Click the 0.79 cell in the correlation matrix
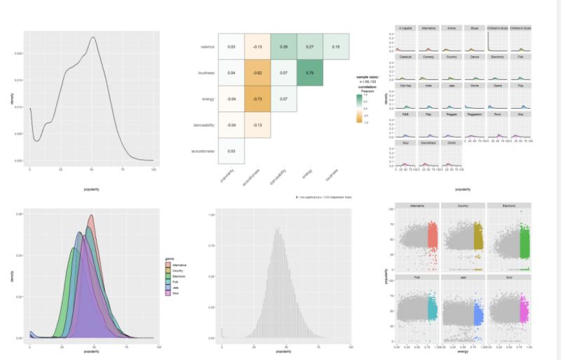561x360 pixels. pyautogui.click(x=309, y=72)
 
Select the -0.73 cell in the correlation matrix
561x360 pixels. pyautogui.click(x=257, y=99)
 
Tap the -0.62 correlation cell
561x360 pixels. pyautogui.click(x=257, y=72)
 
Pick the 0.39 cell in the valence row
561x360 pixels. pyautogui.click(x=283, y=46)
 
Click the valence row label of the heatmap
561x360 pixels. pyautogui.click(x=204, y=46)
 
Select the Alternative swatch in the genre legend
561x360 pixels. pyautogui.click(x=168, y=265)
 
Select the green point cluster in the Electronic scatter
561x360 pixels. pyautogui.click(x=524, y=239)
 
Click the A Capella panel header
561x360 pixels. pyautogui.click(x=405, y=28)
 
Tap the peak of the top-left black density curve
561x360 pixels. pyautogui.click(x=93, y=38)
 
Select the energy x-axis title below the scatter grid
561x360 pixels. pyautogui.click(x=462, y=356)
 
